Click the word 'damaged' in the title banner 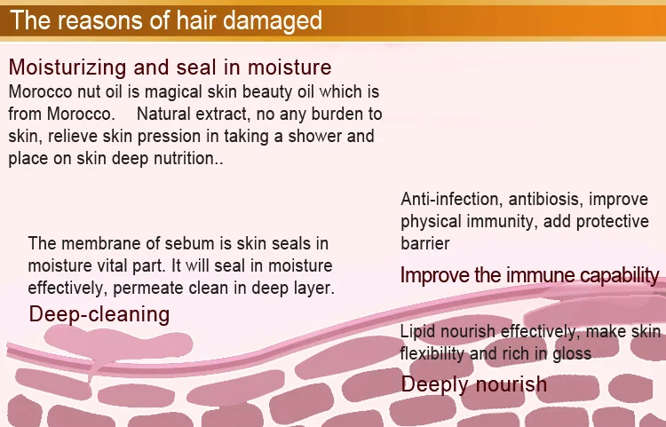click(273, 21)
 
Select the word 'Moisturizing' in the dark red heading click(67, 67)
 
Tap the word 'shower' click(315, 136)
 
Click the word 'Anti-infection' click(449, 199)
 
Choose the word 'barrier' click(424, 243)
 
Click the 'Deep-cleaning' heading click(99, 315)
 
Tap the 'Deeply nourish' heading click(473, 384)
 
